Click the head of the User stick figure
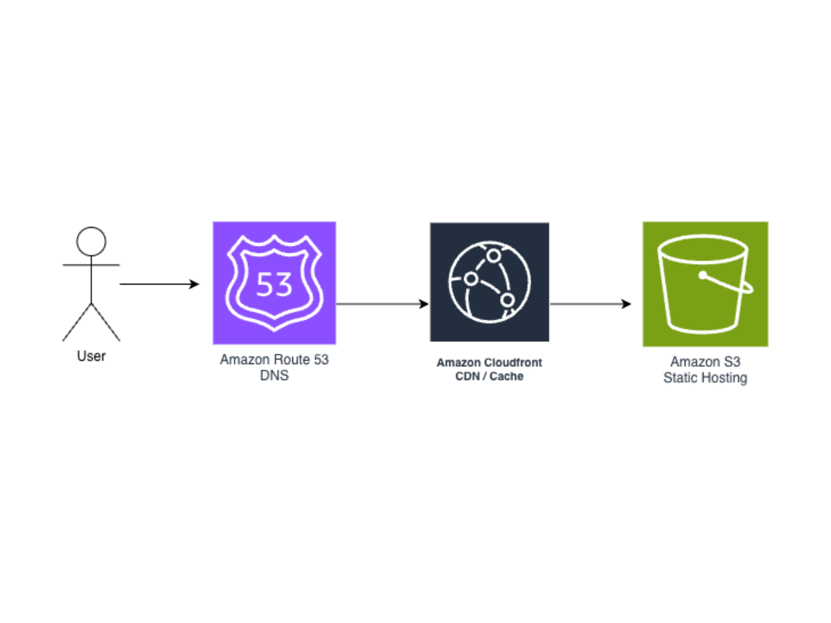pos(91,242)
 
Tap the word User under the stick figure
pos(91,356)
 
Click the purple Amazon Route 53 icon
pos(274,282)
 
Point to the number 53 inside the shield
pos(274,284)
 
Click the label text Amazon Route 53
pos(274,360)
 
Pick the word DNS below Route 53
pos(274,376)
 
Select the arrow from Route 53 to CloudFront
pos(381,304)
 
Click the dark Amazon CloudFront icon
pos(489,282)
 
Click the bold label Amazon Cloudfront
pos(489,363)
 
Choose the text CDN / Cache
pos(489,377)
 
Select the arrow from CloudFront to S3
pos(589,304)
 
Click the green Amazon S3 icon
pos(705,284)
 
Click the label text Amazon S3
pos(705,362)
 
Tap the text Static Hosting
pos(705,378)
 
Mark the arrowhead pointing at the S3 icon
pos(627,304)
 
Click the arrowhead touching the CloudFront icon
pos(424,304)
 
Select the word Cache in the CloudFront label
pos(507,377)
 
